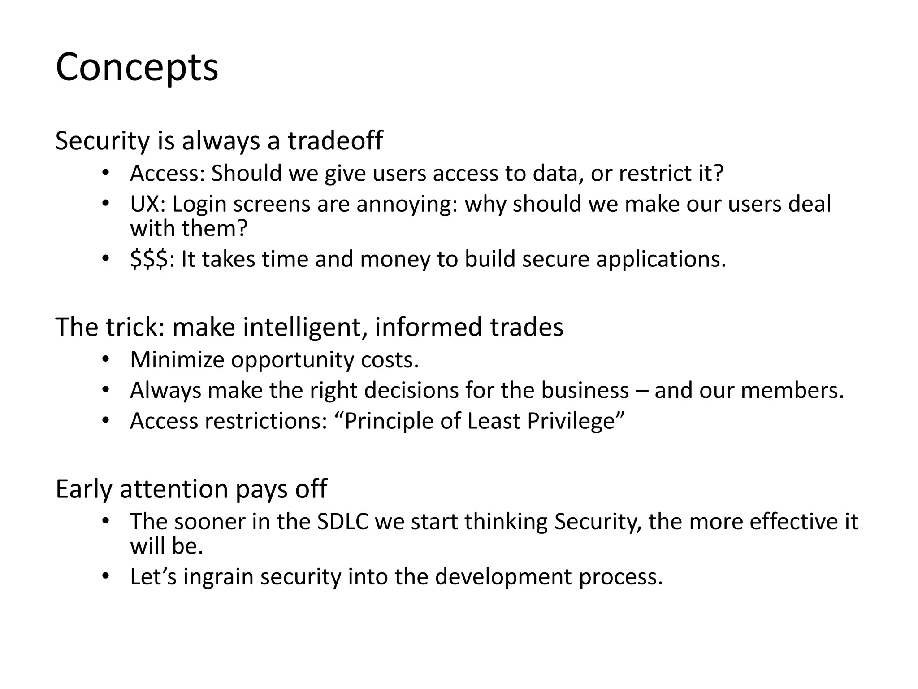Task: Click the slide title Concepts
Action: [137, 68]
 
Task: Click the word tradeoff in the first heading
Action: [335, 140]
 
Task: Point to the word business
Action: [585, 390]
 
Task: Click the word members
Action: [792, 390]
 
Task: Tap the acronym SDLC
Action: [342, 522]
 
